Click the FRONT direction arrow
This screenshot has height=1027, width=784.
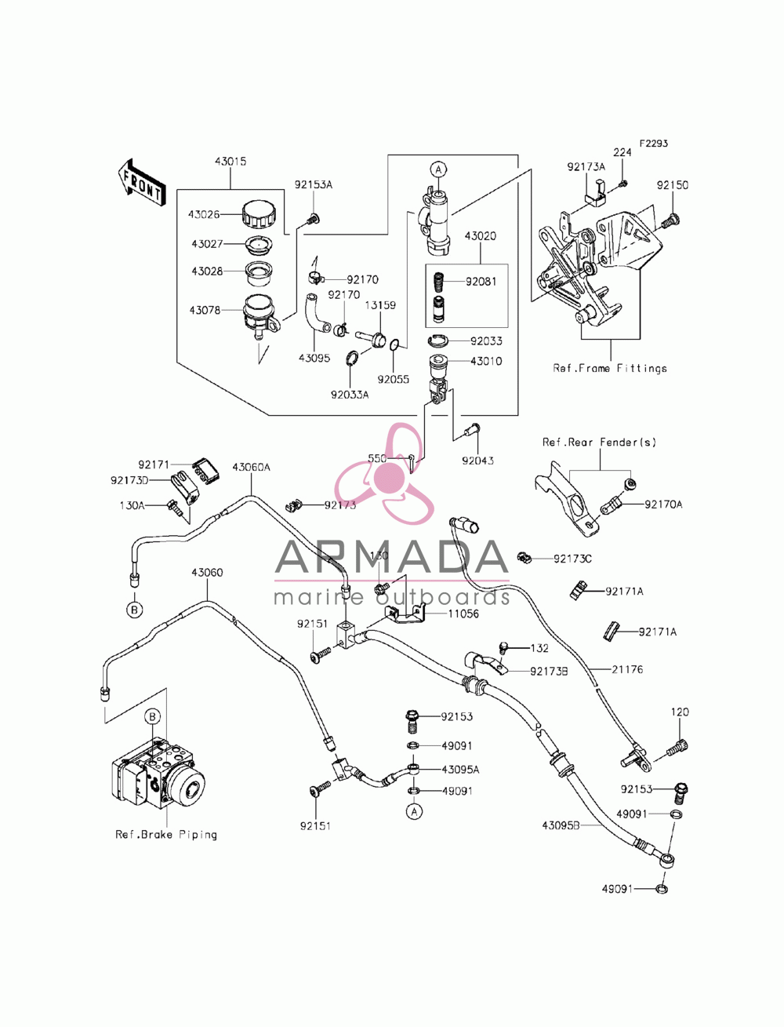click(x=140, y=183)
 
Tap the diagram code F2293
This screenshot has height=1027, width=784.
click(x=654, y=144)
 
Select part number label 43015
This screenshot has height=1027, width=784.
click(x=230, y=162)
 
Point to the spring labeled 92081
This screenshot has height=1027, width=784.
click(x=438, y=282)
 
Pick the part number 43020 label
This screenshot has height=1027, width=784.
click(x=481, y=236)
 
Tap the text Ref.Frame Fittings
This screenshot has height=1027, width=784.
click(x=610, y=368)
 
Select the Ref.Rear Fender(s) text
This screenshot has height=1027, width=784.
click(x=599, y=442)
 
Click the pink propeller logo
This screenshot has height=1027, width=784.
click(x=383, y=474)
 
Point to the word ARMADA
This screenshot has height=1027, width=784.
click(x=392, y=557)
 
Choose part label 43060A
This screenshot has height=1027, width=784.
click(x=252, y=467)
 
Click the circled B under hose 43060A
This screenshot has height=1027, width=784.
click(x=134, y=610)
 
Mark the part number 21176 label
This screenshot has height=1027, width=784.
click(x=627, y=669)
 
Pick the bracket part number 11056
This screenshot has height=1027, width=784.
click(x=463, y=614)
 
